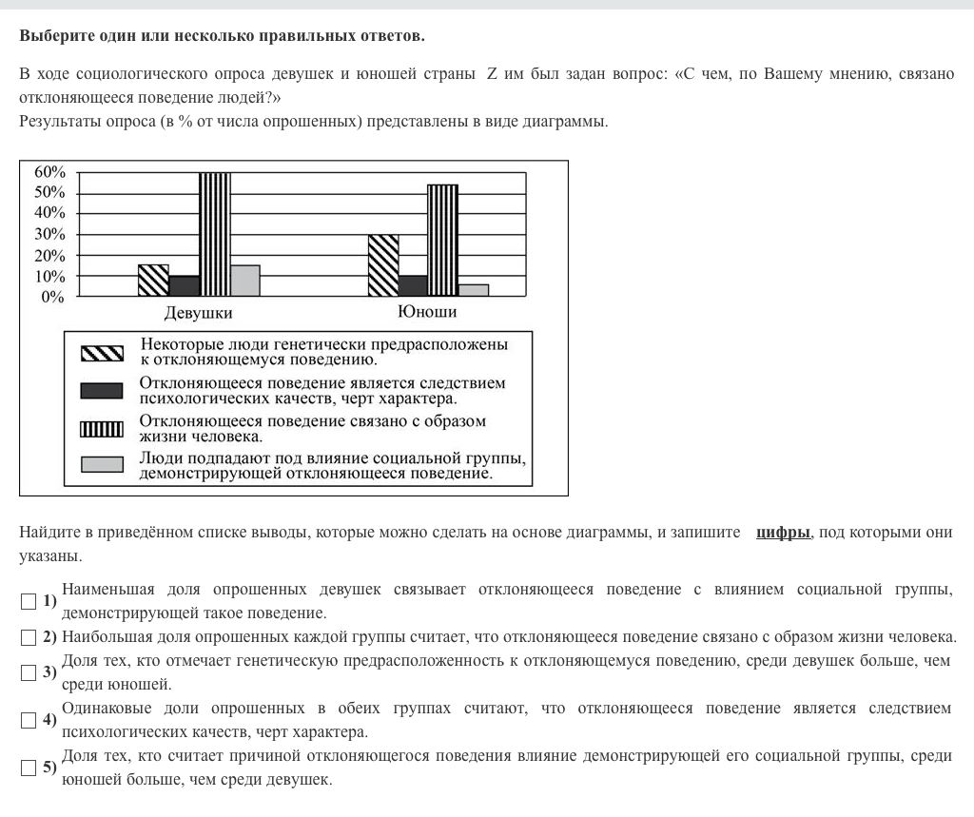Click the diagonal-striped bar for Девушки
153,281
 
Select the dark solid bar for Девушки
184,286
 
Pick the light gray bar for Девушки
244,281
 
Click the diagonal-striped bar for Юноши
383,265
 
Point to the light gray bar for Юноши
473,290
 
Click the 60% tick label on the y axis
49,172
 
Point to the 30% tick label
49,235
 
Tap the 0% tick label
53,297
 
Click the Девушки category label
198,313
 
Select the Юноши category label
427,312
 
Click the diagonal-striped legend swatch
102,353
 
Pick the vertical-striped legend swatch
102,428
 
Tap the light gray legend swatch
102,464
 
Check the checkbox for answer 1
29,601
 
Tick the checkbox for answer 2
29,636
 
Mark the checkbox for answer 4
29,720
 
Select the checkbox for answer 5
29,767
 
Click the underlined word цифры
783,533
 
